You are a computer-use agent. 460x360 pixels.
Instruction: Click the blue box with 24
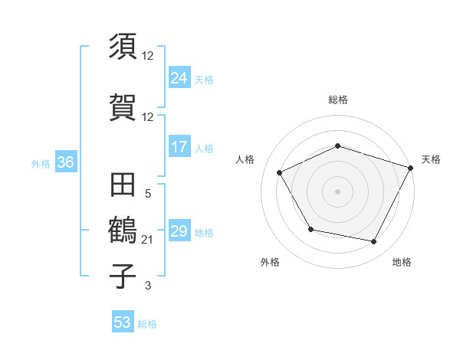(179, 78)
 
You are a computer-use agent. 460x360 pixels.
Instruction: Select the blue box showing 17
(179, 147)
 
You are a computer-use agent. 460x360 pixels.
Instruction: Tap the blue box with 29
(179, 231)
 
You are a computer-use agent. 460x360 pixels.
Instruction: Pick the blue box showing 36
(65, 163)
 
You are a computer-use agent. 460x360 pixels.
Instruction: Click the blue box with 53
(123, 322)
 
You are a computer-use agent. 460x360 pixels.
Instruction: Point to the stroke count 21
(148, 240)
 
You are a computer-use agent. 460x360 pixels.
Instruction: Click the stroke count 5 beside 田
(148, 194)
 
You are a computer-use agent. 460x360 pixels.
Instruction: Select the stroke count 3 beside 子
(148, 286)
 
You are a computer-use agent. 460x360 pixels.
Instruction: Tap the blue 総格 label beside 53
(147, 324)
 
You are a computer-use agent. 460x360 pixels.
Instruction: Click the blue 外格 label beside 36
(41, 164)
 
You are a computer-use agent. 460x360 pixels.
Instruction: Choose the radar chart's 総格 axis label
(337, 100)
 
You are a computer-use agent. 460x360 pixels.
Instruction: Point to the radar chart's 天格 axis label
(431, 159)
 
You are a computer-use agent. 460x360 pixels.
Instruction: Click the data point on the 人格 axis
(280, 172)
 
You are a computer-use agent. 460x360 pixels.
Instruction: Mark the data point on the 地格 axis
(374, 242)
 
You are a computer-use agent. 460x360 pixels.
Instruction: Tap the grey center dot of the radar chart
(337, 191)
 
